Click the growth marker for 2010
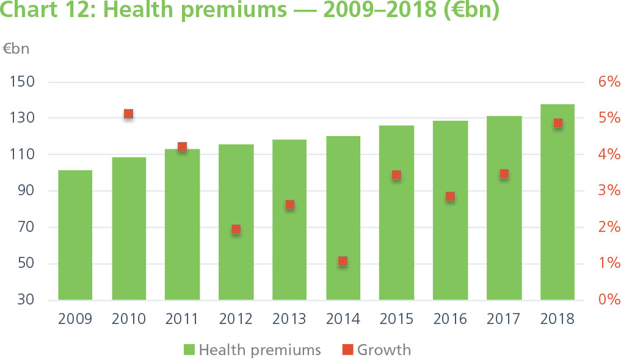(129, 114)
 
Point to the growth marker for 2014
(343, 261)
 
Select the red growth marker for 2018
(558, 123)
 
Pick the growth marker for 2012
(236, 229)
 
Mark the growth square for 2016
(450, 196)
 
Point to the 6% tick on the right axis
(608, 82)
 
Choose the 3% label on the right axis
(608, 191)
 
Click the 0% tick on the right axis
(608, 300)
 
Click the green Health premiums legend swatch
(189, 350)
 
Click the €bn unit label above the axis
(16, 49)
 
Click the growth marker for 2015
(396, 176)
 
